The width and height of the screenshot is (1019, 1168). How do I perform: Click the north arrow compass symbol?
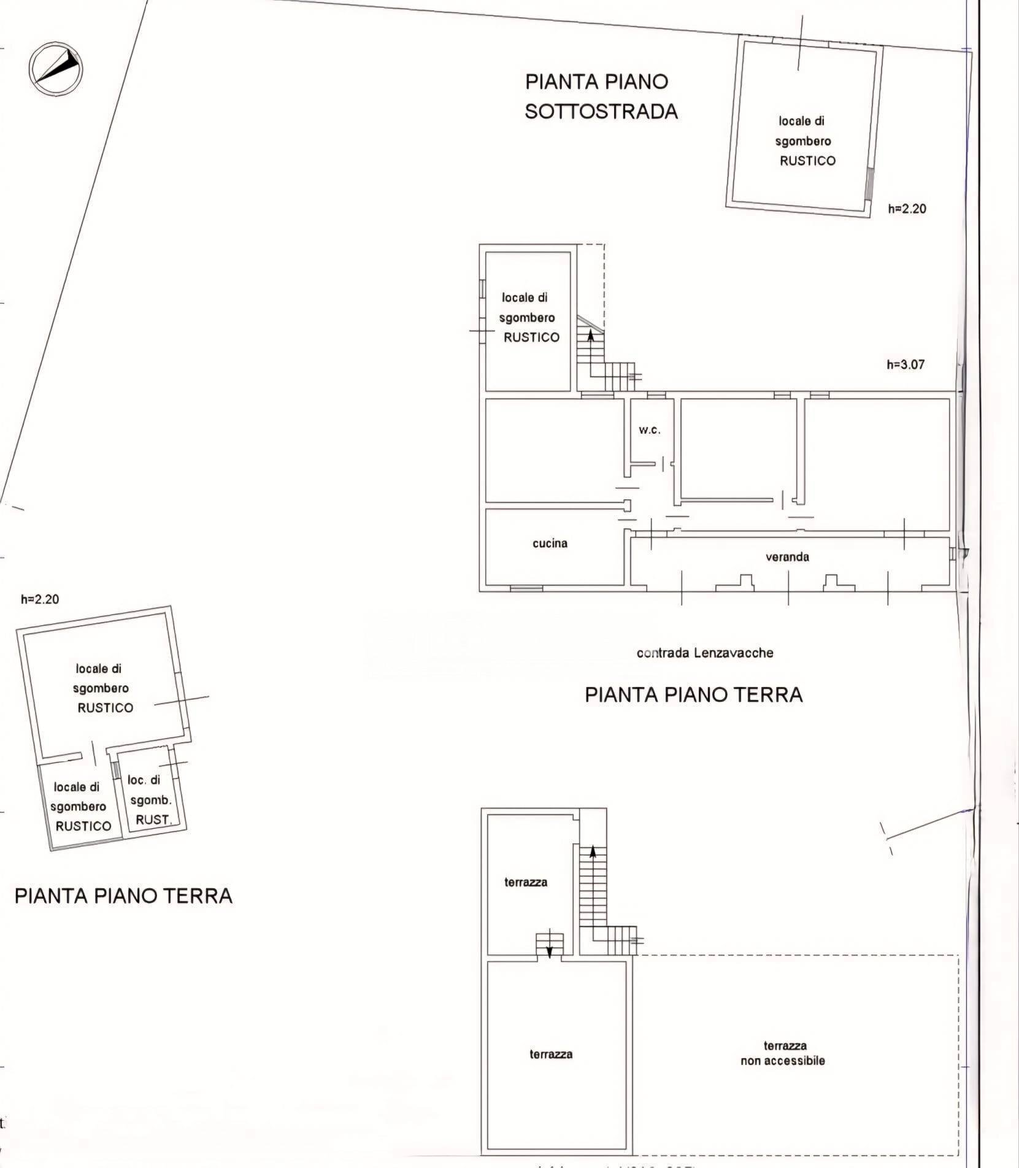point(56,69)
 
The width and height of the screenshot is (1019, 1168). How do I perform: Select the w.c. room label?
point(649,430)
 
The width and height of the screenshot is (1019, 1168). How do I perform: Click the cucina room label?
point(550,543)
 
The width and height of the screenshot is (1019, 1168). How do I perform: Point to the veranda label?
point(787,557)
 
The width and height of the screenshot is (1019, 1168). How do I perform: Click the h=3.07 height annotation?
point(905,364)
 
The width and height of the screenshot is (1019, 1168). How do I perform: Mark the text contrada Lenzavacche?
point(704,653)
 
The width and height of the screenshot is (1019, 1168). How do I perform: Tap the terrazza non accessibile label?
point(783,1053)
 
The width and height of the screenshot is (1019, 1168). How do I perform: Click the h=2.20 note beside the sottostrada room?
point(907,209)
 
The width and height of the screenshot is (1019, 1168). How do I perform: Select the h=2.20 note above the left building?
point(40,599)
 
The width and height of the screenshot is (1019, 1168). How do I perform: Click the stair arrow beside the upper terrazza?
point(593,852)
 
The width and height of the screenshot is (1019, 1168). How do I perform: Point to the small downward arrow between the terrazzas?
point(550,950)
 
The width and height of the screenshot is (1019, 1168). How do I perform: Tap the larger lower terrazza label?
point(551,1054)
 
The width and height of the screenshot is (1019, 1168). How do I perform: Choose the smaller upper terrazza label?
point(526,882)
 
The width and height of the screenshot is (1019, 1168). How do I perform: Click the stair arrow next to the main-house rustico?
point(591,335)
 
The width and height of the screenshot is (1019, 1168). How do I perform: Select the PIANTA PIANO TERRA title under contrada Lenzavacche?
point(693,694)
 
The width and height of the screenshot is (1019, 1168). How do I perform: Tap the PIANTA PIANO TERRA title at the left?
point(123,896)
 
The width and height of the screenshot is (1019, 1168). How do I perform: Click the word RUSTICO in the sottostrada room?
point(807,161)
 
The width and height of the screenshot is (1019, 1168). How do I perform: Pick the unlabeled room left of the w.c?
point(552,449)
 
